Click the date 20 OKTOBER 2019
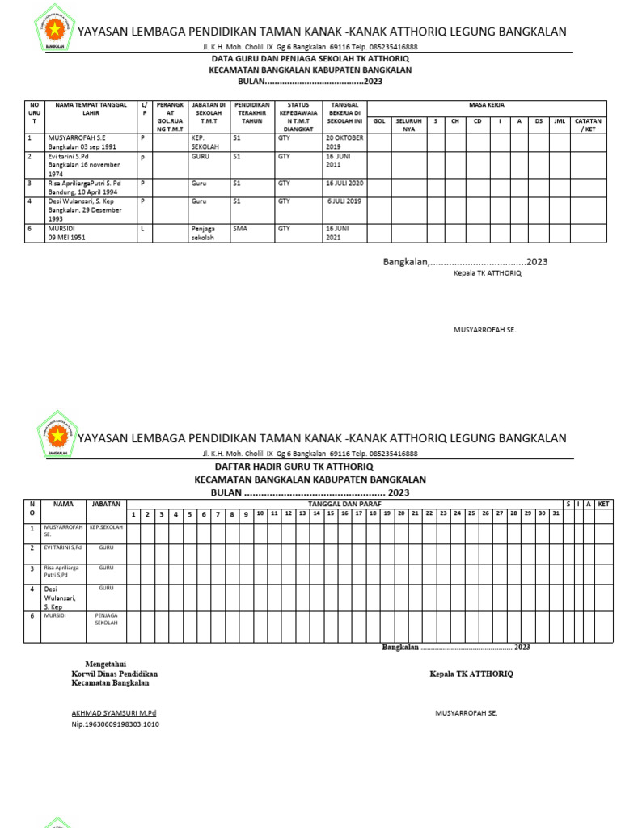(344, 142)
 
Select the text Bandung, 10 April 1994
(82, 192)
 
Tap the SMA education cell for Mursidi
(239, 229)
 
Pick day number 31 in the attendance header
(556, 513)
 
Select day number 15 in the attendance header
(331, 513)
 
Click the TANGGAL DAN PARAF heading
(345, 504)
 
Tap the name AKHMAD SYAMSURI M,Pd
(114, 713)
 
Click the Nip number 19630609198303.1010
(116, 724)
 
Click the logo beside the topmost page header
(56, 31)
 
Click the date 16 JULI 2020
(345, 184)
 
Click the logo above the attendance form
(56, 437)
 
